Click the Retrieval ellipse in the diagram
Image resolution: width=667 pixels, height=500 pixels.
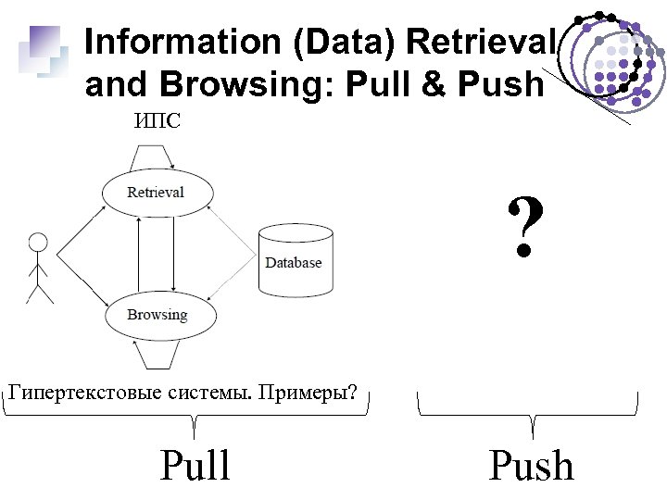pos(157,193)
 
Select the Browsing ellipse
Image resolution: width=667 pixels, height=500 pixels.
pos(157,315)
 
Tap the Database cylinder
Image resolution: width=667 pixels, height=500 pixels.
pos(294,262)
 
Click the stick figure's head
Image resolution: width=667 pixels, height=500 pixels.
pos(38,243)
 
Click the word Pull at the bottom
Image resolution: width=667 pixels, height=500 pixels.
pos(195,465)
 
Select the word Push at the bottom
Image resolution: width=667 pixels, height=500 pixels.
pos(531,465)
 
